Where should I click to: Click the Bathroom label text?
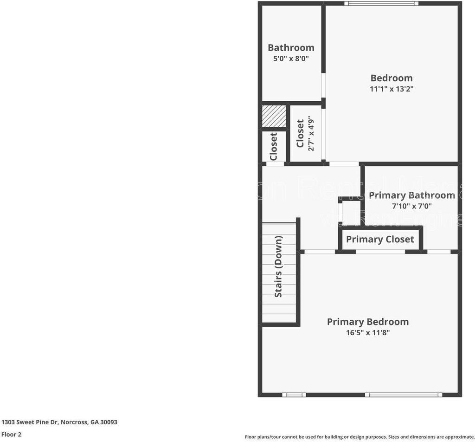pos(291,47)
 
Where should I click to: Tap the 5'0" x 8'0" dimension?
pos(291,59)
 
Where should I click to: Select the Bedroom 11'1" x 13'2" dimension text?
pos(392,89)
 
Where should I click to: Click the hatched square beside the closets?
pos(274,116)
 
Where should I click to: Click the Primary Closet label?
pos(380,239)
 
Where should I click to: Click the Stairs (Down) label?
pos(278,267)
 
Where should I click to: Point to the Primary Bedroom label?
pos(368,322)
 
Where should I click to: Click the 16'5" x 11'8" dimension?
pos(368,333)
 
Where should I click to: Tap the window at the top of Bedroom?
pos(381,4)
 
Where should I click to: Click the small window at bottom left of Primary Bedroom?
pos(294,395)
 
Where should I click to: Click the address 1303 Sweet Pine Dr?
pos(59,422)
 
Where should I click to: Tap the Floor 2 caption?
pos(11,435)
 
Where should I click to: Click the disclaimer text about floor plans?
pos(359,437)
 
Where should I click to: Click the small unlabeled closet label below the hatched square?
pos(274,147)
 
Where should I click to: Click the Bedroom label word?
pos(392,78)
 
